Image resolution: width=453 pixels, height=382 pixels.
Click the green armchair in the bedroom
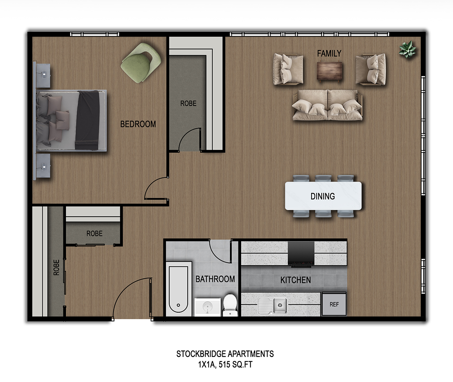pos(141,63)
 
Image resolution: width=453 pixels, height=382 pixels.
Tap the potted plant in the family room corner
pos(407,49)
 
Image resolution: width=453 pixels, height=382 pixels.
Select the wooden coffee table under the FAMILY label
pos(329,71)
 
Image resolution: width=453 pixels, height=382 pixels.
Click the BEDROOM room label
pos(138,124)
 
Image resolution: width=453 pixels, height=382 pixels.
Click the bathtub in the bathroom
pos(178,289)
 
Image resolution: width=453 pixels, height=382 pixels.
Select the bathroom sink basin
pos(207,307)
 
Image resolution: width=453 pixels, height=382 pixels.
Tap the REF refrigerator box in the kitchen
pos(334,304)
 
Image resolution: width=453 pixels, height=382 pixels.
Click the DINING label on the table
pos(323,196)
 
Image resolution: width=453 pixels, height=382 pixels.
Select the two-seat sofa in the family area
pos(327,105)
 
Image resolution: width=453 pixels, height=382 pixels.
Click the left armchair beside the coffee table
pos(288,69)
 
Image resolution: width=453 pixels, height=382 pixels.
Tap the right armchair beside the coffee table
pos(370,69)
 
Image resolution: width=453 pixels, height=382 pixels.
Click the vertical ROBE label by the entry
pos(56,267)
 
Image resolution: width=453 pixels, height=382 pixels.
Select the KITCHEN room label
pos(296,280)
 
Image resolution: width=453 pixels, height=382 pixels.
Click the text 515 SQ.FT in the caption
pos(236,365)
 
